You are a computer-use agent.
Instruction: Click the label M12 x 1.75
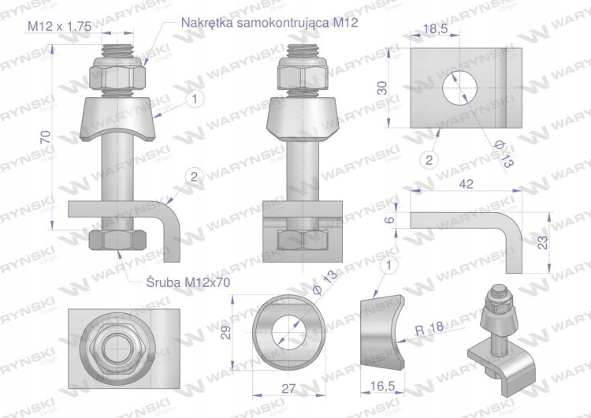(x=59, y=26)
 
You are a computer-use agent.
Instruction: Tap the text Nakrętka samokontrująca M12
(x=269, y=23)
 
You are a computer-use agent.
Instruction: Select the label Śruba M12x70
(x=188, y=282)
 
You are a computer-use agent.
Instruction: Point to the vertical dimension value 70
(x=46, y=136)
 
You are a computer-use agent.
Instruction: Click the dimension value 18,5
(x=435, y=28)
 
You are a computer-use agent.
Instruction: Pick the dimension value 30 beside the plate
(x=382, y=88)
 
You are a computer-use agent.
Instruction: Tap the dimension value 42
(x=466, y=184)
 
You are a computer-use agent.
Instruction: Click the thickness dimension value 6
(x=391, y=219)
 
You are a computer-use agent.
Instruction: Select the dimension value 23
(x=542, y=242)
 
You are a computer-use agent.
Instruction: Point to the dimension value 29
(x=226, y=332)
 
